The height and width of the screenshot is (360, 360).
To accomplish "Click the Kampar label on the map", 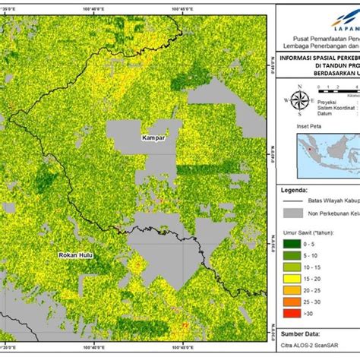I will (153, 139).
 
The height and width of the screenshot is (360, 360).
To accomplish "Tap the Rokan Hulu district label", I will (76, 255).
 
